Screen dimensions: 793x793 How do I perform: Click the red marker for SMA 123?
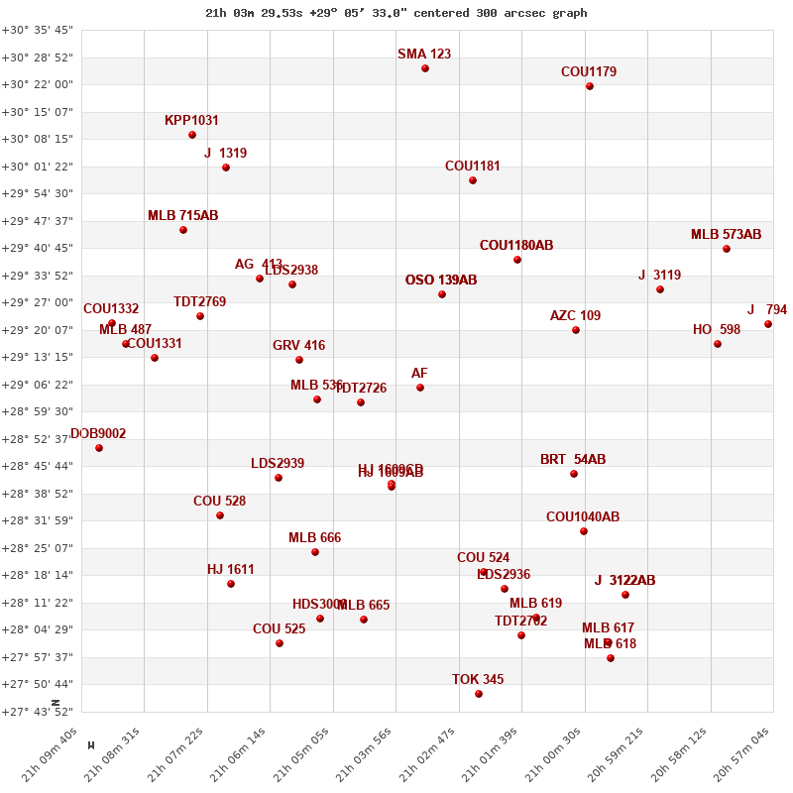(425, 68)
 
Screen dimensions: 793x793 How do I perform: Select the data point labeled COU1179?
(590, 86)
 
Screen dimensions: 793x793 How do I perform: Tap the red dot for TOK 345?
(479, 694)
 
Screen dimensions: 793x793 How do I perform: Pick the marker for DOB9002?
(99, 448)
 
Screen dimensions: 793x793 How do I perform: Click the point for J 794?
(768, 324)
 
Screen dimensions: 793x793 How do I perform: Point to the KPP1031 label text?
(191, 121)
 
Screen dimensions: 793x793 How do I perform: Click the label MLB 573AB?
(726, 235)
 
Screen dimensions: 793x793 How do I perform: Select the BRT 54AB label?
(573, 460)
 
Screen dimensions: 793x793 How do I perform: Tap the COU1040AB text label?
(583, 517)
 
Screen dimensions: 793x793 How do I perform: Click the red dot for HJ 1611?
(231, 584)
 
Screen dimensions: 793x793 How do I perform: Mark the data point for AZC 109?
(576, 330)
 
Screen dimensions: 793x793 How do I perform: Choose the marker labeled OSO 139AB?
(442, 294)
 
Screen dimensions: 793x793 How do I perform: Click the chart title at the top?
(396, 13)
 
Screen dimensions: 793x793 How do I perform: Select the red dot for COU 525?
(280, 643)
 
